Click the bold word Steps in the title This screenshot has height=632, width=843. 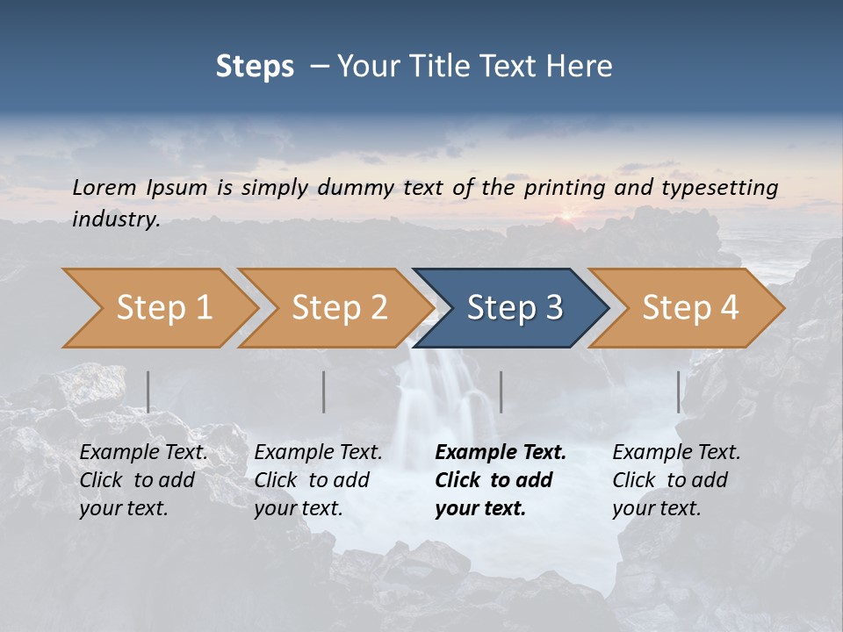tap(255, 66)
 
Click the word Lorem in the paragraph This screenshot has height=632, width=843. tap(104, 187)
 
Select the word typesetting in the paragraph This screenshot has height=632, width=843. tap(719, 187)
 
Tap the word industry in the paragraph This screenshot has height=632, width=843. tap(116, 219)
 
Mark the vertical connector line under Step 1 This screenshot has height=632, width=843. tap(148, 391)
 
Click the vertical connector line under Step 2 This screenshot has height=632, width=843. tap(324, 391)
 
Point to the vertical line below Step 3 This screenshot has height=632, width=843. tap(501, 391)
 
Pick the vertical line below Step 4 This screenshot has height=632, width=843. tap(678, 391)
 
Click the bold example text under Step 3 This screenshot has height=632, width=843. tap(501, 480)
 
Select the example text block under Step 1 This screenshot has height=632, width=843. tap(143, 480)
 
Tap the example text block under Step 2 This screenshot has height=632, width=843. tap(318, 480)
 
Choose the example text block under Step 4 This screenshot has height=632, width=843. tap(676, 480)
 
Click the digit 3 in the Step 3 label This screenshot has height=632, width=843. tap(553, 308)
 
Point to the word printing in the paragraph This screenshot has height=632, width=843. tap(565, 187)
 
